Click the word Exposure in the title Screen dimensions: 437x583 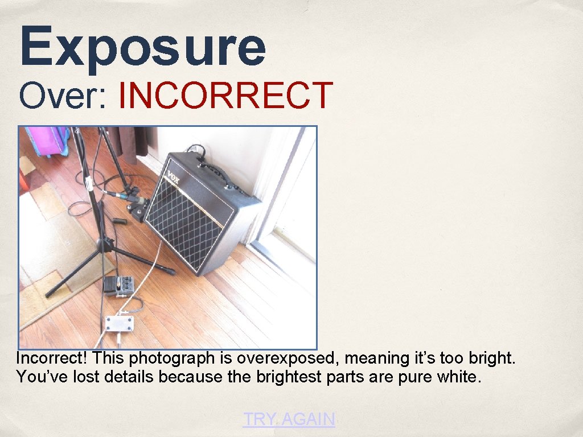(142, 47)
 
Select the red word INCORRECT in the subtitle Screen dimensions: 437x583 (225, 96)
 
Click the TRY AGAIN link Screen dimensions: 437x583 (289, 419)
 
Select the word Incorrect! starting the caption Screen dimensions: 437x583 (52, 358)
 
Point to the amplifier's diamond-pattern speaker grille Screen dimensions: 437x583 (188, 222)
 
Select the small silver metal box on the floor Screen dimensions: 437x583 (118, 324)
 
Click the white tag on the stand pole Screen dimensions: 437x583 (89, 184)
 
